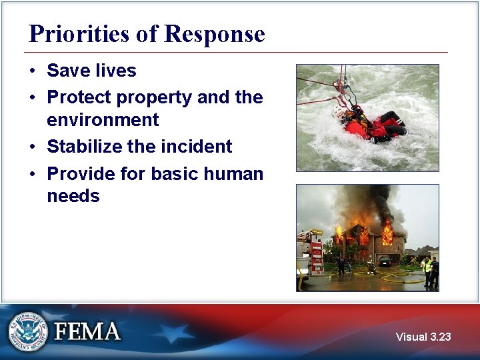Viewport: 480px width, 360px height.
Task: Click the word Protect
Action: pos(79,97)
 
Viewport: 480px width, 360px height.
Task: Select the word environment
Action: pos(103,120)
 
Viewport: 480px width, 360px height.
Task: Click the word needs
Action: pos(73,196)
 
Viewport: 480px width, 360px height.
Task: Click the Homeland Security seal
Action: pos(28,331)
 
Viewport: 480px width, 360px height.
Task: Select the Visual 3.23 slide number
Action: pos(423,337)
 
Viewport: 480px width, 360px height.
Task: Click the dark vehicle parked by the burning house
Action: pos(385,261)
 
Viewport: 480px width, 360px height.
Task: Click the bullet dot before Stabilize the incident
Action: pos(33,147)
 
